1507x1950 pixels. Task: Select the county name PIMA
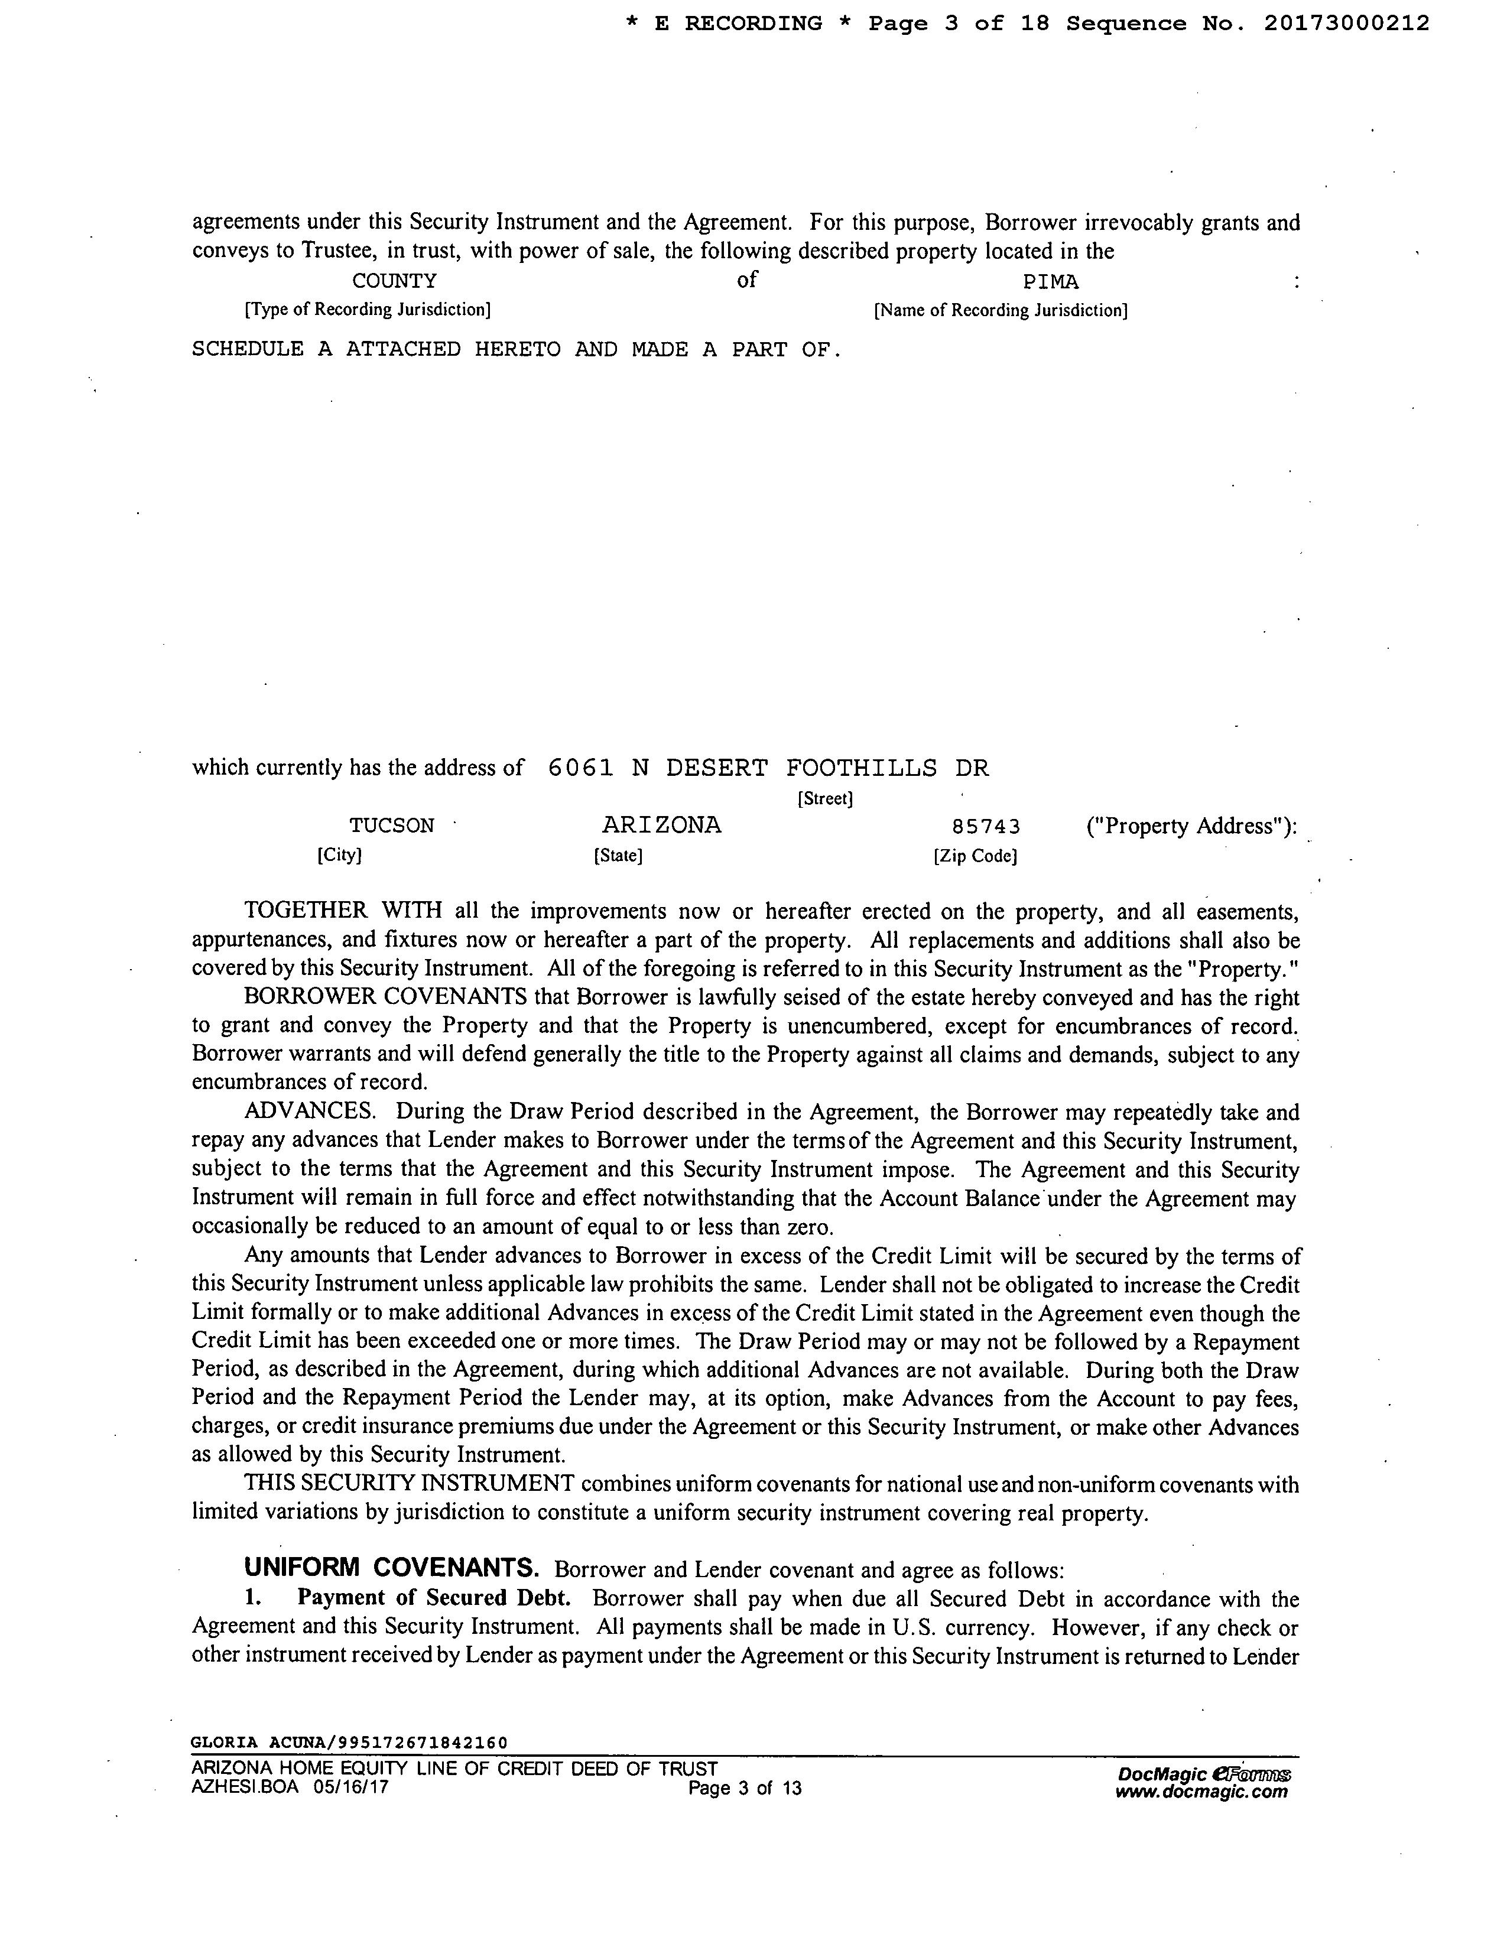point(1051,282)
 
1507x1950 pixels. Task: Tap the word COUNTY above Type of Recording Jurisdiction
point(395,281)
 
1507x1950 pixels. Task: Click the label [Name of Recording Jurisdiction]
point(1001,311)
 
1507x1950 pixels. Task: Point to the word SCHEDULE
point(247,349)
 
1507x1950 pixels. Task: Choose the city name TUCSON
point(392,826)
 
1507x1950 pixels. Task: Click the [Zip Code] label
point(976,856)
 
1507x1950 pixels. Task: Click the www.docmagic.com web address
point(1201,1791)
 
